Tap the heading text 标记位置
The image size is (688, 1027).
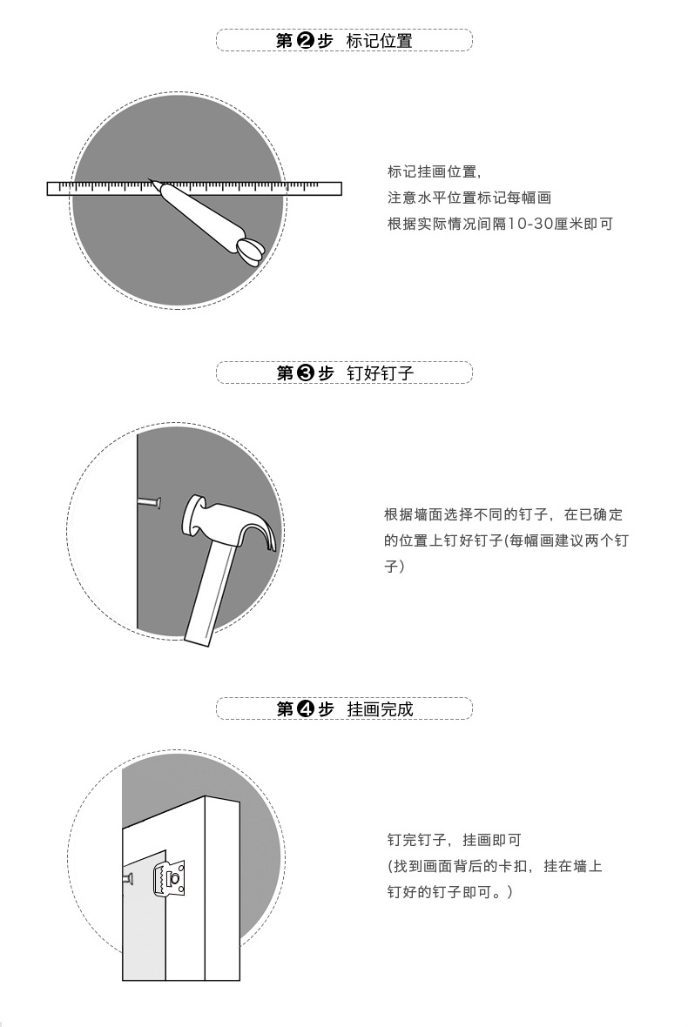click(379, 41)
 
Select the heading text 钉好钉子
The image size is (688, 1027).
click(379, 373)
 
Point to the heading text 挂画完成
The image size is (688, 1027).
click(379, 708)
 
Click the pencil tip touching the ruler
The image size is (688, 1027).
click(152, 182)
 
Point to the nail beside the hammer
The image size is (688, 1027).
click(151, 502)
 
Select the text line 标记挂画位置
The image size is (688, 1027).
click(434, 171)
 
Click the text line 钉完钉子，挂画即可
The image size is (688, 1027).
click(453, 840)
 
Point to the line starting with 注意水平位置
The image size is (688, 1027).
click(469, 198)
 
